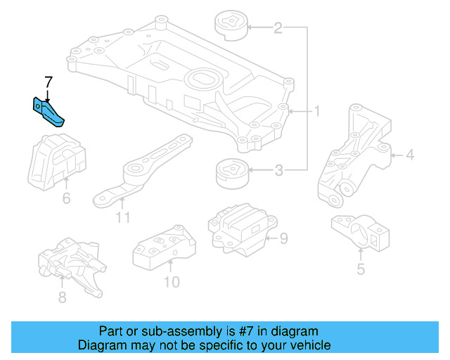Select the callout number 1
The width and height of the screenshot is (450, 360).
click(317, 112)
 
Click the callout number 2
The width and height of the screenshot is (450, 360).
click(278, 28)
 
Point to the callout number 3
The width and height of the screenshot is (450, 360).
click(278, 169)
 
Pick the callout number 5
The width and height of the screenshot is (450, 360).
click(361, 269)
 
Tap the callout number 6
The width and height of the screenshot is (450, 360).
click(66, 198)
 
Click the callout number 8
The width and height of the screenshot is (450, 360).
click(62, 297)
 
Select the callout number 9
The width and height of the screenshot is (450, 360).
click(283, 239)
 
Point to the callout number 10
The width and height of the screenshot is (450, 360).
click(172, 282)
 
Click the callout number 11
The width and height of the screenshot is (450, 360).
click(123, 217)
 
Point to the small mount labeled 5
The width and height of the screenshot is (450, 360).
click(360, 233)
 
